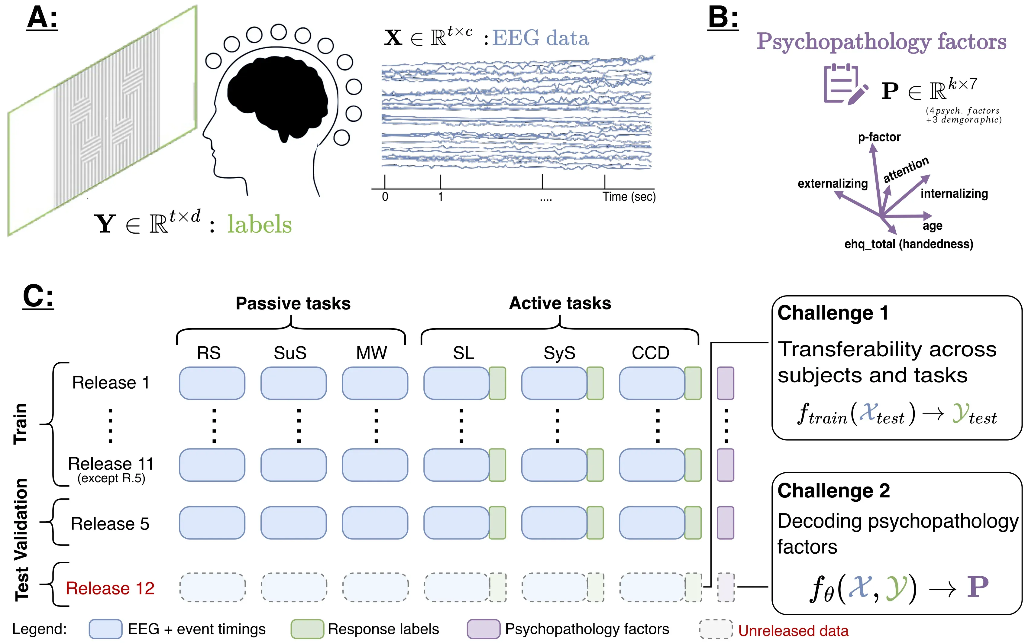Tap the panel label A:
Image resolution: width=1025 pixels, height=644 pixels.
click(x=42, y=19)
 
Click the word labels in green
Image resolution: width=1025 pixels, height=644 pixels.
click(x=259, y=225)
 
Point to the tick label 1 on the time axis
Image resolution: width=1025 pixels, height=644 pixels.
click(x=441, y=197)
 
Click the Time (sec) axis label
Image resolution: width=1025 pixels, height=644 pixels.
click(x=629, y=197)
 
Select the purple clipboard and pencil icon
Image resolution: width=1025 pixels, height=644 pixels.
click(x=845, y=84)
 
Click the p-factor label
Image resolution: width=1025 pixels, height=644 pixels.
click(x=879, y=137)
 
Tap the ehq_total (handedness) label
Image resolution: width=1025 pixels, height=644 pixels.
click(x=909, y=244)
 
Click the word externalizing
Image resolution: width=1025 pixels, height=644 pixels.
click(x=832, y=183)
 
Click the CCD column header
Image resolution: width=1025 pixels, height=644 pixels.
click(x=650, y=353)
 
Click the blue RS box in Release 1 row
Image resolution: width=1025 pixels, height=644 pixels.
click(x=212, y=383)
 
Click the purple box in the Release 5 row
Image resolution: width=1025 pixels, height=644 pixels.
click(x=725, y=523)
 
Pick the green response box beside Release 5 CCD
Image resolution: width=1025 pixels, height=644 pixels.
click(x=693, y=523)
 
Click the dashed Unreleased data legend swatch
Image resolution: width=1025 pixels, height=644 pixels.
click(x=716, y=629)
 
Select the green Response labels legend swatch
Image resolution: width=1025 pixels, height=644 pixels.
click(x=307, y=629)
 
